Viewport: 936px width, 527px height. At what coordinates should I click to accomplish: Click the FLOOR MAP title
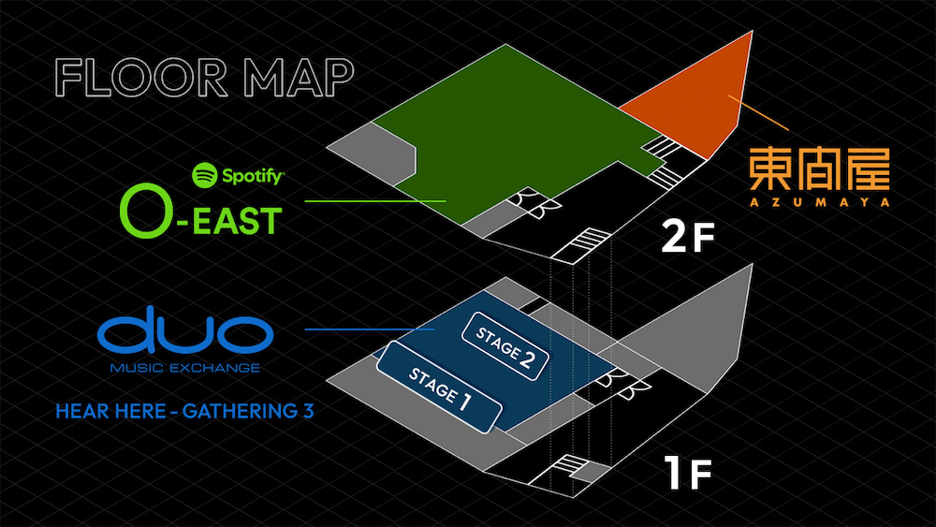click(203, 79)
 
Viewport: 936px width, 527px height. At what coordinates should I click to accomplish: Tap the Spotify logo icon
click(204, 174)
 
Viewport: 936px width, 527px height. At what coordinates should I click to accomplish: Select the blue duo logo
click(183, 334)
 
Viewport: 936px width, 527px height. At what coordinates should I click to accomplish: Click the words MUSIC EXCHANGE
click(184, 368)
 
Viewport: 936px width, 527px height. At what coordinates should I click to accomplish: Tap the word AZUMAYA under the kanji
click(818, 200)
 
